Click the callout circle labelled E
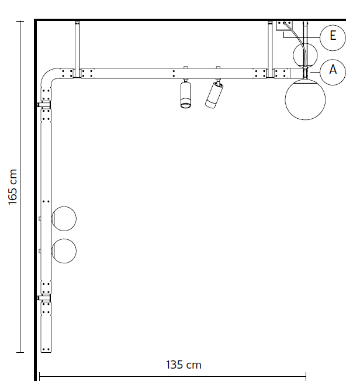pos(333,37)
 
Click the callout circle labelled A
pos(333,72)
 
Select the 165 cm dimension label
pos(12,187)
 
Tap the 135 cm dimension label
pos(184,365)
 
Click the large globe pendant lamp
pos(305,99)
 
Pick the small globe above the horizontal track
pos(305,55)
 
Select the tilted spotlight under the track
pos(214,95)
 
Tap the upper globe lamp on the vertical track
pos(64,218)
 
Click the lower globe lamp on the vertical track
pos(64,251)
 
